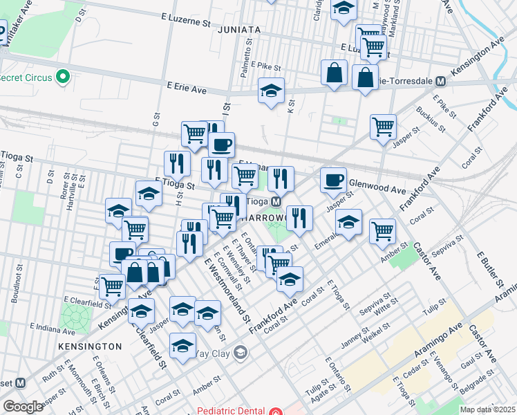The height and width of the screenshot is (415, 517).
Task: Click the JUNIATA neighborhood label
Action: click(x=238, y=30)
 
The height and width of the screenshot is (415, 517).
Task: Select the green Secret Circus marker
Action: click(x=64, y=77)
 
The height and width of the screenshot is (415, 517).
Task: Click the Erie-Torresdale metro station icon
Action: click(x=440, y=81)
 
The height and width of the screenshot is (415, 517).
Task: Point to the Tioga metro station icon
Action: click(x=275, y=201)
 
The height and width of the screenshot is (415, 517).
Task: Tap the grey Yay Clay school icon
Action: click(x=240, y=353)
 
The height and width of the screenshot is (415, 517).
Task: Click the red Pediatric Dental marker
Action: click(x=276, y=411)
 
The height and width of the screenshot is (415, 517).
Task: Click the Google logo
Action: click(x=23, y=407)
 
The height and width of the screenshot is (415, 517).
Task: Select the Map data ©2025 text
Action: click(x=487, y=409)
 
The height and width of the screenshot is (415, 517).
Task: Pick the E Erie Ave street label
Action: click(x=187, y=89)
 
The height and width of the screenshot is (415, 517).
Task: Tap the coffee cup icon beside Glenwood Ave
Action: click(x=333, y=180)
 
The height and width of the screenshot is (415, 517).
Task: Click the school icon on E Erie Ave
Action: click(x=272, y=91)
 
